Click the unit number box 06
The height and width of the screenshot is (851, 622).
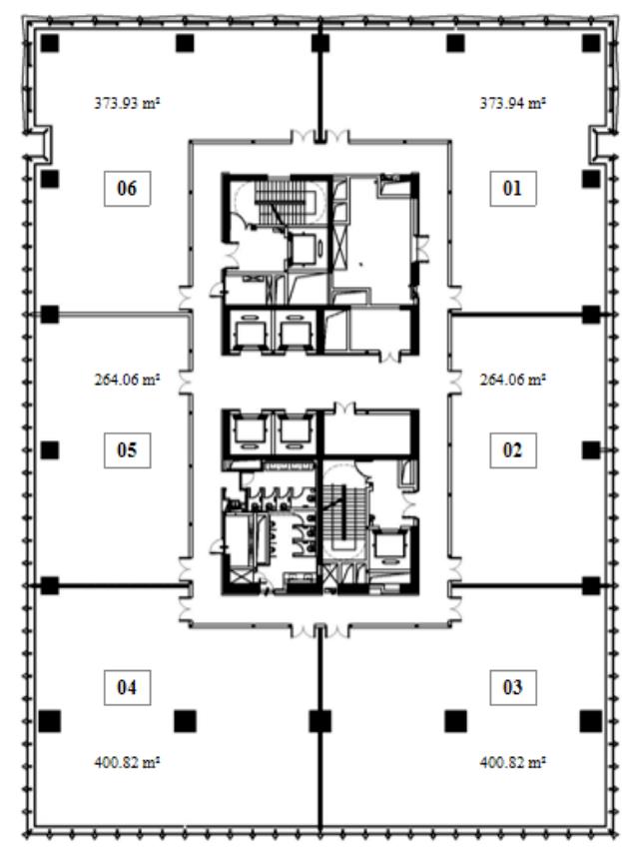(x=127, y=189)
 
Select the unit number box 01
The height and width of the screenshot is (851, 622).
(x=513, y=189)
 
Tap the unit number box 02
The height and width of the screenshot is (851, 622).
(x=513, y=450)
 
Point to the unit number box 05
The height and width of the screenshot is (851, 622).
(x=127, y=450)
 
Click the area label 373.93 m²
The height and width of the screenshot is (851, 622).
(x=127, y=103)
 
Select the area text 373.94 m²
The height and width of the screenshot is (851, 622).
(x=512, y=103)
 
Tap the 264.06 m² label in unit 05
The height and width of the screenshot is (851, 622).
(x=127, y=380)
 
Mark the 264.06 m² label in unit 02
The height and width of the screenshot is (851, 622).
(x=512, y=380)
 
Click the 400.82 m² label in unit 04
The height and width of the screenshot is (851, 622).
(x=127, y=762)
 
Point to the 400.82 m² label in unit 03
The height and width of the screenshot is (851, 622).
(x=512, y=762)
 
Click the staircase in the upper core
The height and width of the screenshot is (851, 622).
(x=282, y=202)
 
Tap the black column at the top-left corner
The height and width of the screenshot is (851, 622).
(x=49, y=43)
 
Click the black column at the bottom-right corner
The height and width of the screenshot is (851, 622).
(x=591, y=721)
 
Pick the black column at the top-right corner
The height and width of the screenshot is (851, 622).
(x=591, y=43)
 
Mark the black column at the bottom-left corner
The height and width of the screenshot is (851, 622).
(x=49, y=721)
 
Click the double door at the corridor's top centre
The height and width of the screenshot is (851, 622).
(x=319, y=136)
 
